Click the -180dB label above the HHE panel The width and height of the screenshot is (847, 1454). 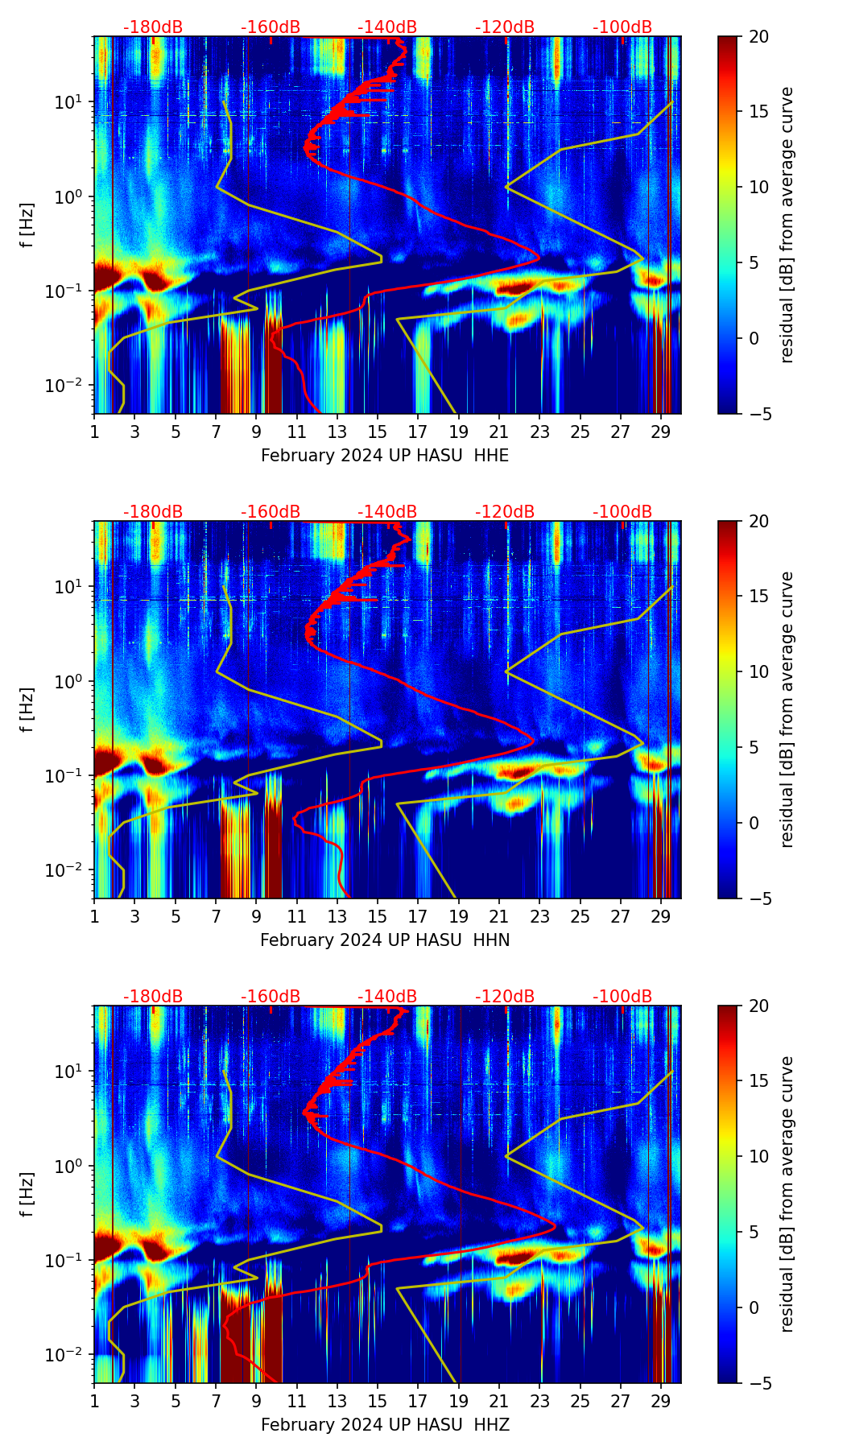[153, 27]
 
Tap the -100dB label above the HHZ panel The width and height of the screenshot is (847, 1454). [622, 997]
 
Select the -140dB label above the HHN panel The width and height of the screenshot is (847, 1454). [387, 512]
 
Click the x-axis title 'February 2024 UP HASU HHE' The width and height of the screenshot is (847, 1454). [385, 456]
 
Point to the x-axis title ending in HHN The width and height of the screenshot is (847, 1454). [385, 940]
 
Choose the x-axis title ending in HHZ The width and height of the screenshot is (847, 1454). [385, 1425]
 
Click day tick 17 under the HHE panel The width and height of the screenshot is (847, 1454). [418, 432]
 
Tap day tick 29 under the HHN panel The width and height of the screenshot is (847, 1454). [661, 916]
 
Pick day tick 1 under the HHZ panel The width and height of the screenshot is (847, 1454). [94, 1401]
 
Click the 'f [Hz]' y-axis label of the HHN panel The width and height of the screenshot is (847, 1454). [27, 709]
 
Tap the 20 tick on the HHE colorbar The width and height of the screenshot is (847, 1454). [758, 36]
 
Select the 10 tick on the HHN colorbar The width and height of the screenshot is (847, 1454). [758, 671]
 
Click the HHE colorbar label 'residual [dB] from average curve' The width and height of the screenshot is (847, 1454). [787, 225]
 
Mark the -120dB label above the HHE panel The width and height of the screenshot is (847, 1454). [505, 27]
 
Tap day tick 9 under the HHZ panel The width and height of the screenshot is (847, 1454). [256, 1401]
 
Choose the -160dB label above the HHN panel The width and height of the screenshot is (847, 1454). [271, 512]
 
